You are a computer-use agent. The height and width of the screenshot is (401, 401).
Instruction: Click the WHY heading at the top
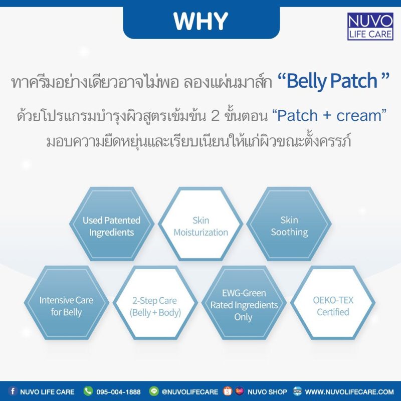coord(201,21)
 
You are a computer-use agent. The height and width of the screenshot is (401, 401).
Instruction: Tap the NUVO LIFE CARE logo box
coord(370,27)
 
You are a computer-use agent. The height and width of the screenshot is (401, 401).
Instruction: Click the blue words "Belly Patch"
coord(332,81)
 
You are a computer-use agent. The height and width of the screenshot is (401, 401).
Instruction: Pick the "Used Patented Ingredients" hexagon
coord(111,224)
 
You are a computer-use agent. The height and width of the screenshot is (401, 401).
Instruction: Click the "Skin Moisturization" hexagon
coord(200,224)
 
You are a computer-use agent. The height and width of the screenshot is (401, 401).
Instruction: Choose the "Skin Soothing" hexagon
coord(289,224)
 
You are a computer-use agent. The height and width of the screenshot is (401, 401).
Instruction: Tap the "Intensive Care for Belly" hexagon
coord(67,303)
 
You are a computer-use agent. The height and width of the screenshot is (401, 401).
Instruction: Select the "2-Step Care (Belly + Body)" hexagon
coord(155,303)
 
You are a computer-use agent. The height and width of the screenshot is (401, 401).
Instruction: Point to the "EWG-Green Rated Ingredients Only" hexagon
coord(244,303)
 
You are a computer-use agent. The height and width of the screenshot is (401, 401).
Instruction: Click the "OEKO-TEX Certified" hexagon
coord(333,303)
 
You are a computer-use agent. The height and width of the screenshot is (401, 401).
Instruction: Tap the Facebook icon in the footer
coord(13,391)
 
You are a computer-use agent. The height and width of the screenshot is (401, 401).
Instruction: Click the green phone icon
coord(88,391)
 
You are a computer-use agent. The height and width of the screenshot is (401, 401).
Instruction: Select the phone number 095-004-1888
coord(118,392)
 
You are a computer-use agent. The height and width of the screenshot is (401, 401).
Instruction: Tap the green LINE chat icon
coord(154,391)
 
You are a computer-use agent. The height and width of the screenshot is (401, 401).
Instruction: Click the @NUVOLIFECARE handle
coord(190,392)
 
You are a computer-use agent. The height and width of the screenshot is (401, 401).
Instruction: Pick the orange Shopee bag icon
coord(228,391)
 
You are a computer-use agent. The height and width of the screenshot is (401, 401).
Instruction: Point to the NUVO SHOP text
coord(267,392)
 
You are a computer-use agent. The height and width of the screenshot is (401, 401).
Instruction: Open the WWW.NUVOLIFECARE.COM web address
coord(349,392)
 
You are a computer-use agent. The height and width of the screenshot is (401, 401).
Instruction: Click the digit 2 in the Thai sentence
coord(215,116)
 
